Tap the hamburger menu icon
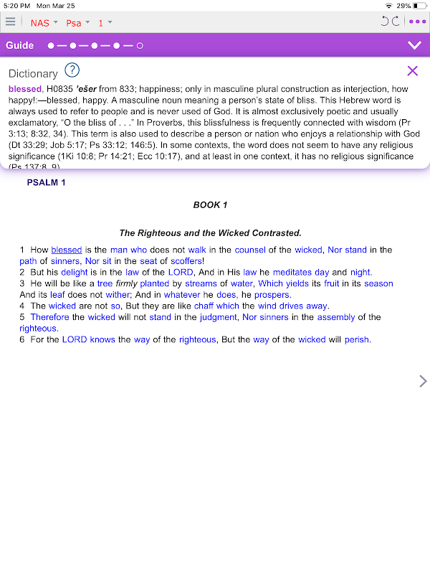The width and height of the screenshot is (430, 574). click(x=10, y=22)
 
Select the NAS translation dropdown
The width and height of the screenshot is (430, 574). click(x=43, y=22)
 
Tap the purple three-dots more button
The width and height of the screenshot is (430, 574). click(x=416, y=22)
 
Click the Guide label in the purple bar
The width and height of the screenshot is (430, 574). click(x=20, y=45)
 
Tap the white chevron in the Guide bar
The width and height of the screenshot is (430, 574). click(x=414, y=45)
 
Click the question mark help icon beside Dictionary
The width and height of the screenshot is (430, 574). click(x=72, y=70)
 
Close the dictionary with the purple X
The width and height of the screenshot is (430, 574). click(x=412, y=70)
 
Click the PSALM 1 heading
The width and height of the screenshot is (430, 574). click(x=46, y=182)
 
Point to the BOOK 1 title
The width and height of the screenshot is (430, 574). click(x=210, y=205)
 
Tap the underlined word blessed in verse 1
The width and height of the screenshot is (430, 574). click(x=67, y=250)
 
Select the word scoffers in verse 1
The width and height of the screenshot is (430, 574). click(x=187, y=261)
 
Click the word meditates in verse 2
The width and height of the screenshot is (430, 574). click(x=292, y=272)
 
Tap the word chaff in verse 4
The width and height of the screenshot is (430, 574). click(x=204, y=306)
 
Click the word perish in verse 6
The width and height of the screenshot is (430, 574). click(x=356, y=339)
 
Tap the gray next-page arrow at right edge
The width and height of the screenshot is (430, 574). click(x=423, y=381)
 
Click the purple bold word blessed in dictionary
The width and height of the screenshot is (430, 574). click(x=25, y=88)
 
